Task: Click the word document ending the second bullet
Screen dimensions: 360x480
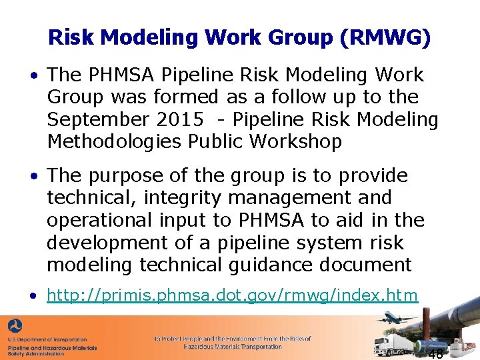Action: coord(367,265)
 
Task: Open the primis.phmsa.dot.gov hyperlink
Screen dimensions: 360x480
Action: coord(232,295)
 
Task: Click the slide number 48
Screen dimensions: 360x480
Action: coord(435,353)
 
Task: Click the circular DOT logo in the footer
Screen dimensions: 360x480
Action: coord(14,326)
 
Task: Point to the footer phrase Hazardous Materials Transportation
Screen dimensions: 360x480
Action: coord(233,347)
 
